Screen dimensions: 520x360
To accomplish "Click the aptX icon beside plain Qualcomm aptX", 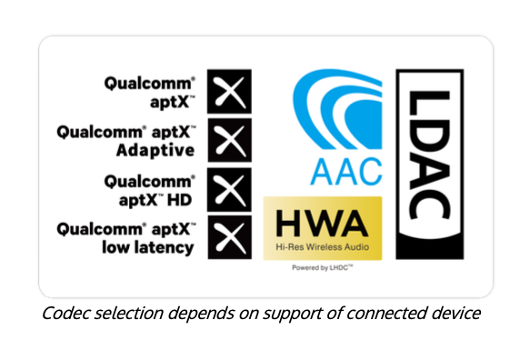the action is (229, 91).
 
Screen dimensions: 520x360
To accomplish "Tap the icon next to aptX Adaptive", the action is (229, 140).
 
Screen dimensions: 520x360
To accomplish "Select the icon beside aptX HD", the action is (229, 190).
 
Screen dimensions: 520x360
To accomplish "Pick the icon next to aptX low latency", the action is (229, 237).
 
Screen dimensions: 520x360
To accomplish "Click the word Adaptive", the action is (155, 151).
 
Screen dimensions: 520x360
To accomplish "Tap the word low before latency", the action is (118, 247).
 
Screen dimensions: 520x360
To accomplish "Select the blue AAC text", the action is (346, 172).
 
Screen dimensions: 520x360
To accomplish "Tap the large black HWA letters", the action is (322, 223).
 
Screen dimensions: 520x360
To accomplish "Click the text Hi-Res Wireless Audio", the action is (323, 247).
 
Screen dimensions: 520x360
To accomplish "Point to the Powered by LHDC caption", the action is (323, 267).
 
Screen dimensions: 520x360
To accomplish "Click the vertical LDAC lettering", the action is (430, 155).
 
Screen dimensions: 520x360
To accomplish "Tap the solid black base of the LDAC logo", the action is (430, 247).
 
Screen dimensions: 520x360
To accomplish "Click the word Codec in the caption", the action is (66, 314).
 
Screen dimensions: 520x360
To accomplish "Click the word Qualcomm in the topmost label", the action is (150, 84).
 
